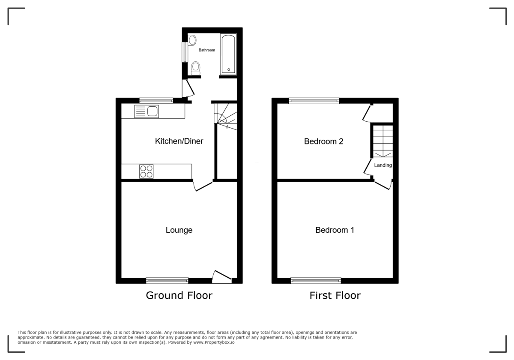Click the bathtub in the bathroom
(x=228, y=54)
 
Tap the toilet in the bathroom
(x=196, y=68)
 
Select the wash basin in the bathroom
(x=192, y=41)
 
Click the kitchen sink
(x=146, y=111)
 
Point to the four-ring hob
(x=146, y=171)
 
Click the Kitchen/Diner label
(x=179, y=141)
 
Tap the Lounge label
(x=179, y=230)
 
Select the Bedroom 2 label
(x=323, y=141)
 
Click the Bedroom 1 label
(x=335, y=230)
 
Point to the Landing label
(x=383, y=165)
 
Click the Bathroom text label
(x=206, y=50)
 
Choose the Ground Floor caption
(x=179, y=295)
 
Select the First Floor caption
(x=335, y=295)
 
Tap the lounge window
(x=167, y=281)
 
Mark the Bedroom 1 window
(x=316, y=281)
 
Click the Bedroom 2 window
(x=314, y=101)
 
